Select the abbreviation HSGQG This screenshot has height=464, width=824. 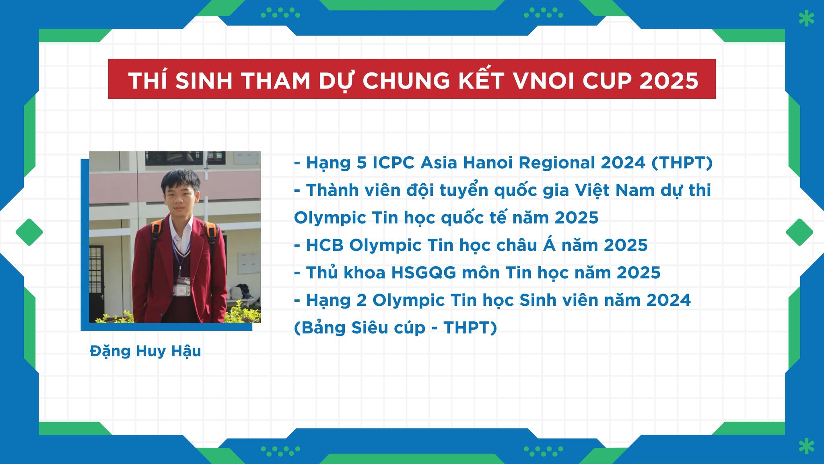[424, 273]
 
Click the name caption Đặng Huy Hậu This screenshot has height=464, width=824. [146, 351]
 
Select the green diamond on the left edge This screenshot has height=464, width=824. [29, 232]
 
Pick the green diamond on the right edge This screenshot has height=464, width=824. [799, 232]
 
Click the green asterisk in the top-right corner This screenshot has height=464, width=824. [805, 18]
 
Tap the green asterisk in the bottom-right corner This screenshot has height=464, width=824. [805, 446]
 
